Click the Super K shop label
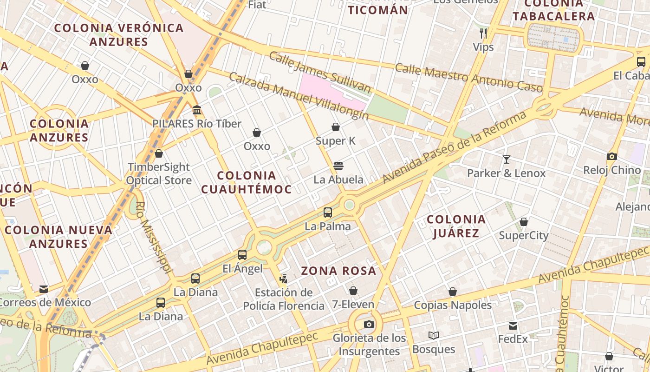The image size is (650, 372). coord(335,140)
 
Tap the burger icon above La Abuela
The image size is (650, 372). coord(338,166)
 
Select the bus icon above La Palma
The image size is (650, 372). coord(328,213)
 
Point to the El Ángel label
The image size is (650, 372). coord(242,268)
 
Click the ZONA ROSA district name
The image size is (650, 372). coord(338,271)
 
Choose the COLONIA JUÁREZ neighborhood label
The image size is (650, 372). coord(456,226)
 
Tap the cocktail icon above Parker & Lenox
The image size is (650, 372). coord(506,159)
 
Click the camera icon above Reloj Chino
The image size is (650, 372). coord(611,157)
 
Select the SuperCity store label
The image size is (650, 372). coord(524,235)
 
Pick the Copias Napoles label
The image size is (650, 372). coord(453,305)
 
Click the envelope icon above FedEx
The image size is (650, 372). coord(513,325)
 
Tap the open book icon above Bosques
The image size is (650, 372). coord(433,335)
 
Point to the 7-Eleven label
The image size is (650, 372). coord(353,305)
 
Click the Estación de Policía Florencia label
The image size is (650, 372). coord(284,299)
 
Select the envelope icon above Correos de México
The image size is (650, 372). coord(44,289)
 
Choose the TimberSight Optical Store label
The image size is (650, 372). coord(159,173)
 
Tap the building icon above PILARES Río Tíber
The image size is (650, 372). coord(197,110)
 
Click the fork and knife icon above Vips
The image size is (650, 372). coord(483,33)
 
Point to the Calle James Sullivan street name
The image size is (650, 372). coord(320,72)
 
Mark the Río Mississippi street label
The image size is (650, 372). coord(155,237)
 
